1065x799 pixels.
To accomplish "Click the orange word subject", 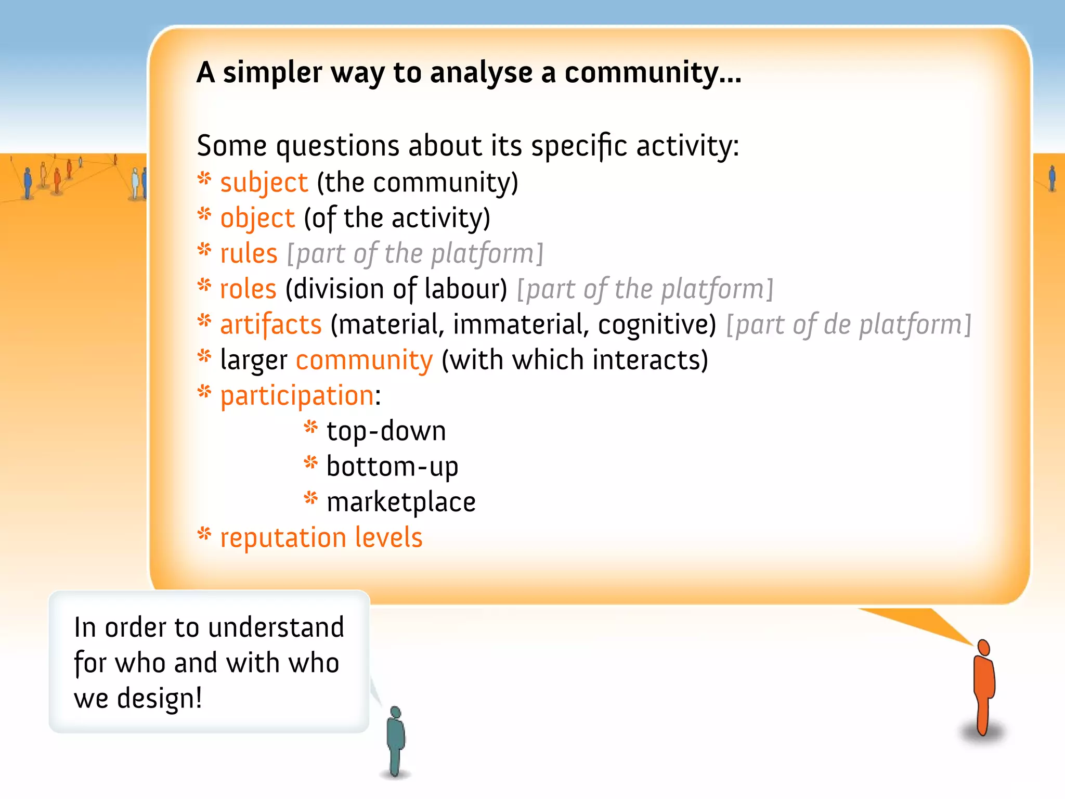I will point(264,183).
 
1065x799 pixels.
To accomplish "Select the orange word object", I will point(257,218).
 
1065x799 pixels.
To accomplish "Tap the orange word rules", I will point(249,254).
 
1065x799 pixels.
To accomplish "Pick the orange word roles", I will point(248,289).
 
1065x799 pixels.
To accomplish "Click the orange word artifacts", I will point(271,325).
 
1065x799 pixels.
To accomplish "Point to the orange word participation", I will point(297,396).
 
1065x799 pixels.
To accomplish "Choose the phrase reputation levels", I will point(321,538).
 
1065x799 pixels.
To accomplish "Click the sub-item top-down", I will point(386,431).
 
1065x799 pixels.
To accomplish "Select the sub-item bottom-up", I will point(392,467).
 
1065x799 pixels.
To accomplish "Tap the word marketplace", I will point(401,502).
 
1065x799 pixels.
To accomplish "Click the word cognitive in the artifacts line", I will point(657,325).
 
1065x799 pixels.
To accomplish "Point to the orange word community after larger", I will point(363,360).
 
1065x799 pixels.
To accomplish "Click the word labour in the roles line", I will point(465,289).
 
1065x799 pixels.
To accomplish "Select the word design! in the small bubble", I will point(159,699).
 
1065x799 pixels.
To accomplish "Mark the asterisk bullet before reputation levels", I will point(204,534).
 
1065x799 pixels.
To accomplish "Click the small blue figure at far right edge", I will point(1052,178).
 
